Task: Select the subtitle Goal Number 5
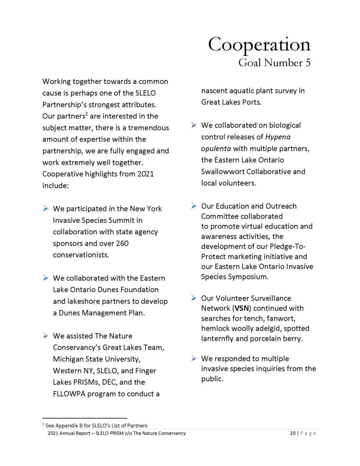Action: [274, 63]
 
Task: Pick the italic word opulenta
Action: [217, 149]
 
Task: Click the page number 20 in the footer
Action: [293, 433]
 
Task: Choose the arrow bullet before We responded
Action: [193, 359]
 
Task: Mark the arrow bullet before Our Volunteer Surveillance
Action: [193, 299]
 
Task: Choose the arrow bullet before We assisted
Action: [46, 336]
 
